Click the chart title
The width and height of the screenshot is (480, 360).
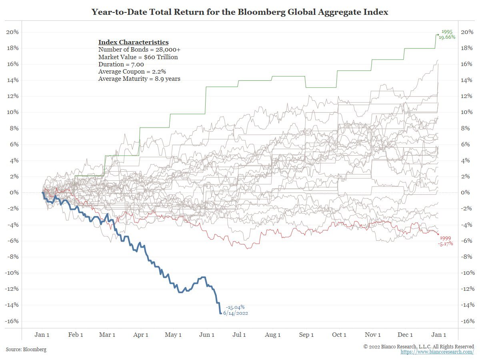pyautogui.click(x=240, y=12)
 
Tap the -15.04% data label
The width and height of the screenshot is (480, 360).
pyautogui.click(x=235, y=307)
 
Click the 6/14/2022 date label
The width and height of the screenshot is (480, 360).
pyautogui.click(x=236, y=313)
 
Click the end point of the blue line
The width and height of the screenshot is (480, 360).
pyautogui.click(x=220, y=313)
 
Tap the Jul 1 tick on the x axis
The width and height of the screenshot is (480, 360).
pyautogui.click(x=239, y=335)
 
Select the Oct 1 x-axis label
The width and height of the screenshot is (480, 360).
pyautogui.click(x=339, y=335)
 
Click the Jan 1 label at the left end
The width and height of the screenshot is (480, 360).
pyautogui.click(x=42, y=335)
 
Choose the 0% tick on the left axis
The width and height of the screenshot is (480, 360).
pyautogui.click(x=14, y=192)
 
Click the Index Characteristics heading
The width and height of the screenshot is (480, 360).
pyautogui.click(x=133, y=42)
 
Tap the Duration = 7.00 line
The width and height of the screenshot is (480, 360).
pyautogui.click(x=121, y=64)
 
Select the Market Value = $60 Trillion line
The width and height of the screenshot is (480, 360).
pyautogui.click(x=138, y=57)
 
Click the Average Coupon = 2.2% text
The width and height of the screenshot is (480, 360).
pyautogui.click(x=132, y=72)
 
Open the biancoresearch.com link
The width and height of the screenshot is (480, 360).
pyautogui.click(x=437, y=352)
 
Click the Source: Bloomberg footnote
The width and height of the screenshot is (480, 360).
pyautogui.click(x=26, y=350)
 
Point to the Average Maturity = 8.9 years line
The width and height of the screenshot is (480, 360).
pyautogui.click(x=139, y=79)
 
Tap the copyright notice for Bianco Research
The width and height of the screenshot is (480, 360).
pyautogui.click(x=419, y=346)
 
